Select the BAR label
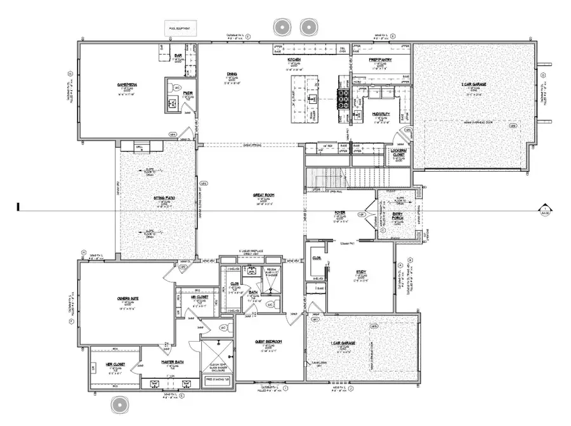pos(179,56)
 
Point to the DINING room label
pos(232,74)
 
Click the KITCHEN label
pos(293,60)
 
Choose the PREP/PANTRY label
pos(380,60)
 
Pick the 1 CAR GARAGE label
pos(346,342)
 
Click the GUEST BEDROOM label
pos(268,342)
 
